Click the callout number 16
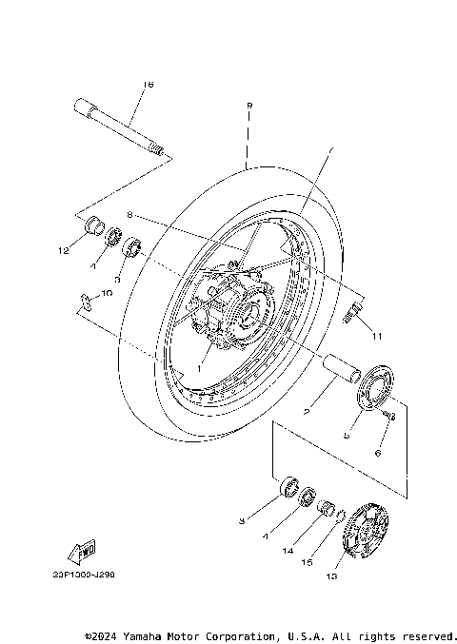(147, 85)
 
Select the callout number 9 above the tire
(248, 105)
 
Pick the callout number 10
(107, 294)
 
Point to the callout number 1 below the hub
(201, 366)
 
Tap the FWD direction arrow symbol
(83, 551)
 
